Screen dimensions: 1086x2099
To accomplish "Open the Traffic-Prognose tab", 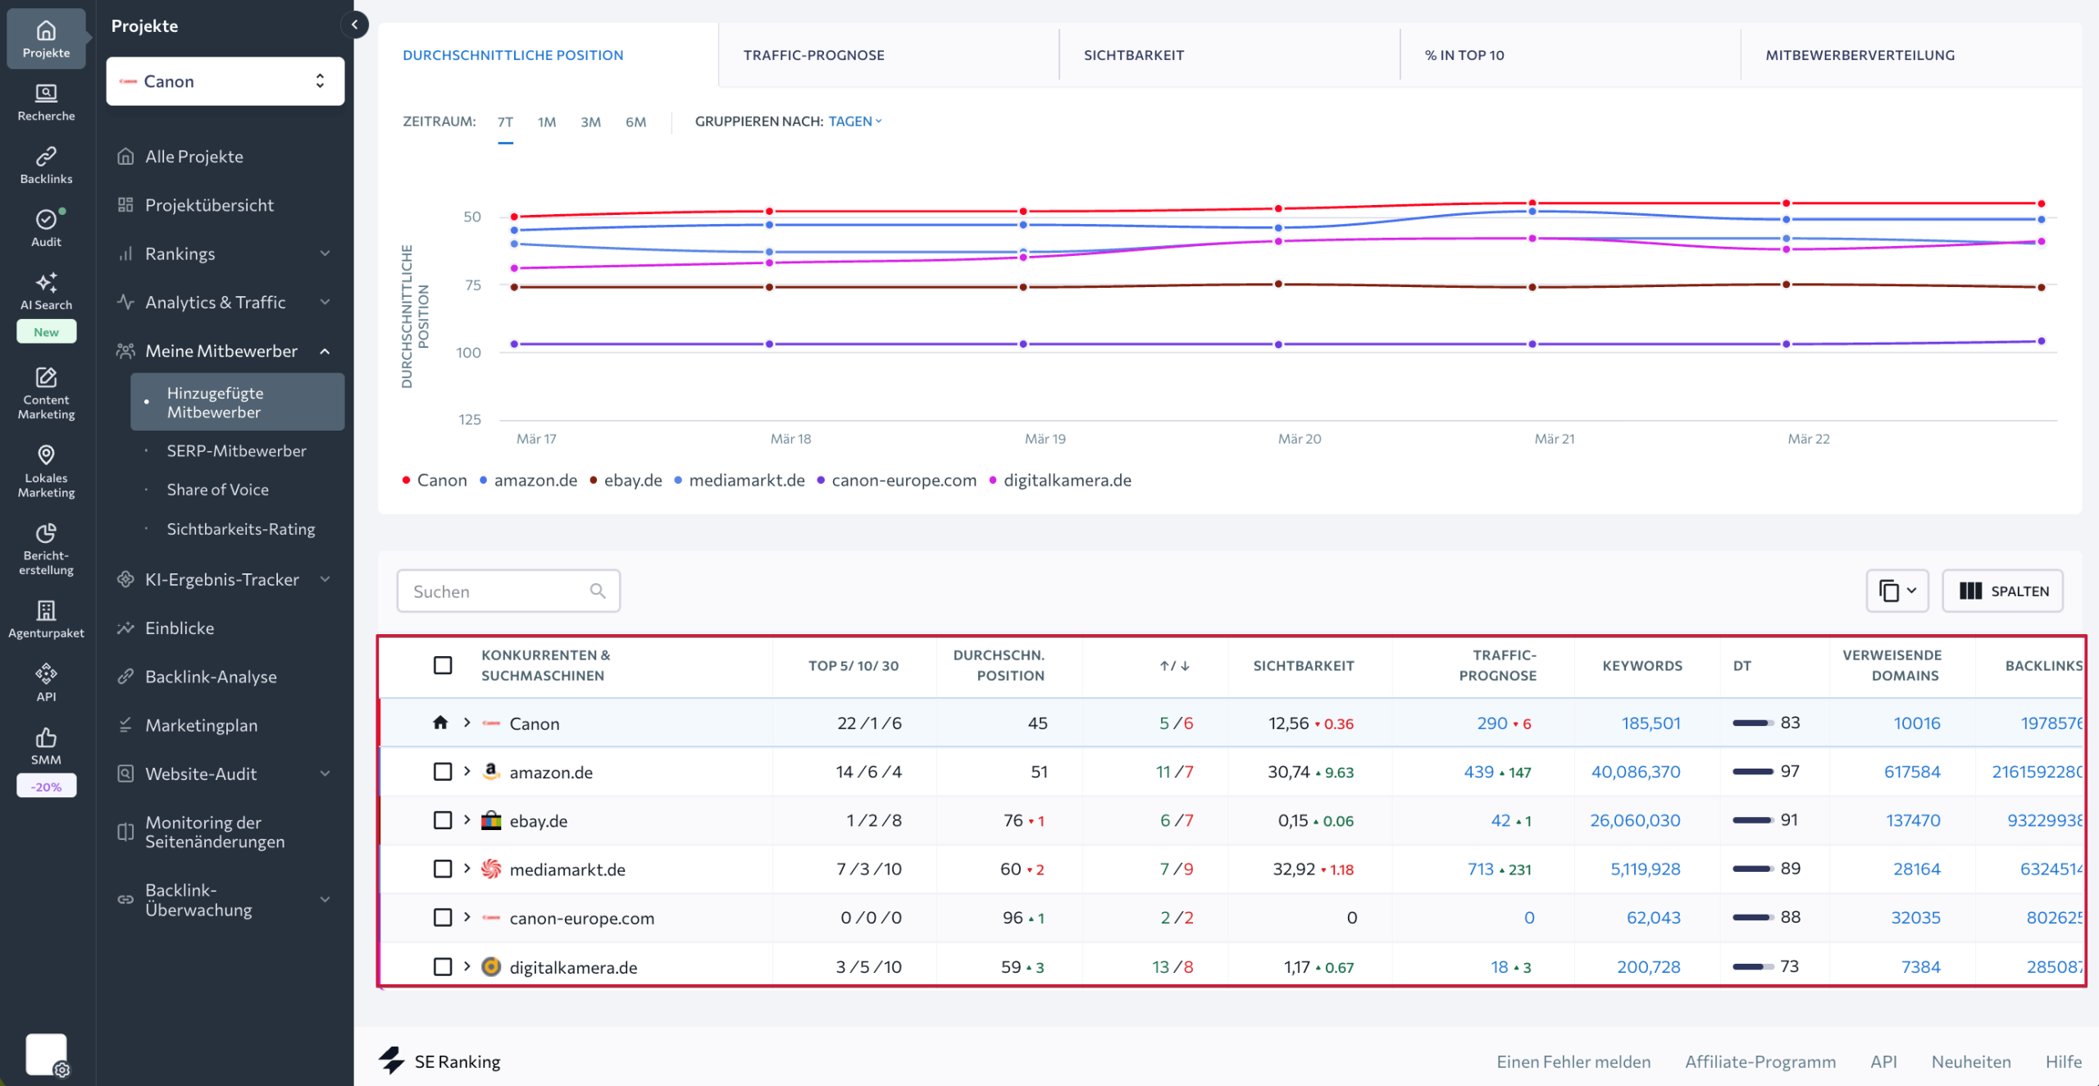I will point(813,55).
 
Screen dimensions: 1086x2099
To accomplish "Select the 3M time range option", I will point(590,122).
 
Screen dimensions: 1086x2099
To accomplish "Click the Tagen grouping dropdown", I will point(854,121).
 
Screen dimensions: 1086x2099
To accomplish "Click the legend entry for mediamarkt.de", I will point(745,481).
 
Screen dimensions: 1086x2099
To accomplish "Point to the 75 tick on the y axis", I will point(473,285).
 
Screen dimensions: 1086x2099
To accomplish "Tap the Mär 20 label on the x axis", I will point(1299,439).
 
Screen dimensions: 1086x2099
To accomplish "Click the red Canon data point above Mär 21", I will point(1532,203).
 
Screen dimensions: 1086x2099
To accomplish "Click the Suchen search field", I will point(499,591).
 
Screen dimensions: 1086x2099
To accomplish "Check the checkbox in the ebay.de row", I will point(443,820).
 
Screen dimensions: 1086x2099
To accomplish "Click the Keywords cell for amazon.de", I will point(1635,772).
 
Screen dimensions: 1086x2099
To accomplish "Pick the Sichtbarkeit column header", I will point(1303,665).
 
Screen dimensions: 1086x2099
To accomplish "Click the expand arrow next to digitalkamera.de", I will point(467,966).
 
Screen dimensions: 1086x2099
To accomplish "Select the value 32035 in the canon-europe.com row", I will point(1915,918).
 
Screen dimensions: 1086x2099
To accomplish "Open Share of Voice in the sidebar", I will point(217,490).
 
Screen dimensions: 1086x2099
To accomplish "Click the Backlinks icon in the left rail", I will point(46,164).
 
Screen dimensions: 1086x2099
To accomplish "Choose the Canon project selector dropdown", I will point(225,81).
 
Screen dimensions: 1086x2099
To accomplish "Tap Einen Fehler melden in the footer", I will point(1573,1061).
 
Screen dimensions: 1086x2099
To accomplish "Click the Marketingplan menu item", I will point(201,725).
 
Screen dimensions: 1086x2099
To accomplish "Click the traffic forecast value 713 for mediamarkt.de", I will point(1480,869).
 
